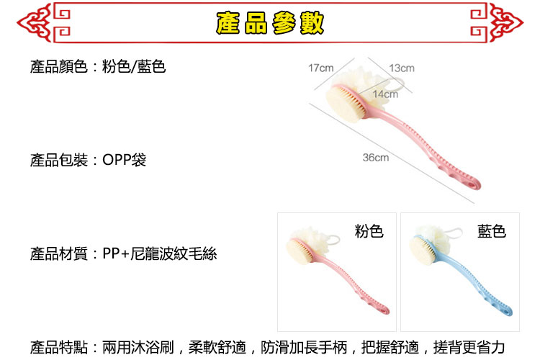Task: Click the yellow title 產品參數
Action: tap(270, 23)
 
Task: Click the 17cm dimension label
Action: tap(320, 68)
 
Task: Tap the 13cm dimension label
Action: tap(402, 68)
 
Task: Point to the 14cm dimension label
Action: tap(385, 94)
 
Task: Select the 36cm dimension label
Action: tap(376, 158)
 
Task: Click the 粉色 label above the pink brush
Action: tap(369, 231)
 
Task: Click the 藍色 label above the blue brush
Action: tap(492, 231)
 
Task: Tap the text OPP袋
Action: tap(124, 160)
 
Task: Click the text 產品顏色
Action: tap(58, 66)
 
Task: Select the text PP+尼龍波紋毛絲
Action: tap(159, 254)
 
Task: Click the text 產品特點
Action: tap(58, 347)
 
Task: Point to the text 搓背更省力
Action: tap(469, 347)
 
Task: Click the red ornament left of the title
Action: tap(44, 23)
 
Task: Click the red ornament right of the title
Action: tap(497, 23)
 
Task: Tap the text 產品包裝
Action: tap(58, 160)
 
